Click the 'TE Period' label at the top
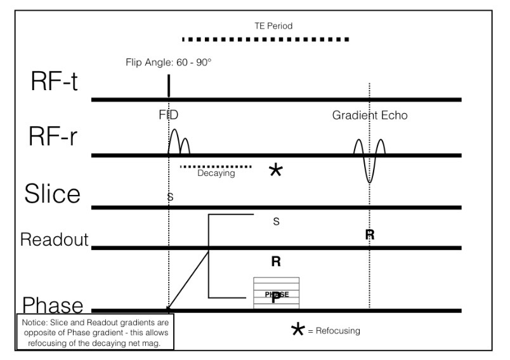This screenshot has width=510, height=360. pyautogui.click(x=269, y=26)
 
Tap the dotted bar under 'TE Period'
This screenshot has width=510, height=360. pyautogui.click(x=265, y=39)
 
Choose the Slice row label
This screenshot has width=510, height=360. pyautogui.click(x=53, y=194)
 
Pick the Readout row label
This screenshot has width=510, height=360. pyautogui.click(x=55, y=239)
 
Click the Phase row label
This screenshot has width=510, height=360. pyautogui.click(x=53, y=305)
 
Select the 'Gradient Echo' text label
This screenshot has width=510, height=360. pyautogui.click(x=369, y=116)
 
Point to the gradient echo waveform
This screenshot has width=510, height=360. pyautogui.click(x=369, y=159)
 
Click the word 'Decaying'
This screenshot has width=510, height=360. pyautogui.click(x=216, y=173)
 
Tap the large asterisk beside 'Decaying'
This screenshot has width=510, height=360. pyautogui.click(x=275, y=170)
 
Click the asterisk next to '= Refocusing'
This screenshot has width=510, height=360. pyautogui.click(x=296, y=330)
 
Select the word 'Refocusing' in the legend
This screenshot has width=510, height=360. pyautogui.click(x=337, y=331)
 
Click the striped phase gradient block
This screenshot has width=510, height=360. pyautogui.click(x=276, y=293)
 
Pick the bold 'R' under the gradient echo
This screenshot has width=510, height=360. pyautogui.click(x=370, y=235)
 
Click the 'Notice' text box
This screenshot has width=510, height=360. pyautogui.click(x=95, y=330)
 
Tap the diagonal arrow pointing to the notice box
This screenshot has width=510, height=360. pyautogui.click(x=188, y=280)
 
